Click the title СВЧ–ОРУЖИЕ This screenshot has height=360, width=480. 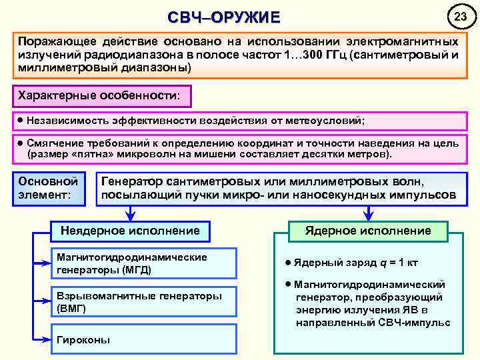(223, 17)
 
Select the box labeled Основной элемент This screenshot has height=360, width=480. (51, 189)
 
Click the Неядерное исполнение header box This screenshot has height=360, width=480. (130, 231)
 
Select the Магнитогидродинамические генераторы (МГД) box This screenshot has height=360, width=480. (144, 264)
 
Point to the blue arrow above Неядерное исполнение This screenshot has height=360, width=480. (130, 213)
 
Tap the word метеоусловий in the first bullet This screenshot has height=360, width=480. (325, 121)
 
